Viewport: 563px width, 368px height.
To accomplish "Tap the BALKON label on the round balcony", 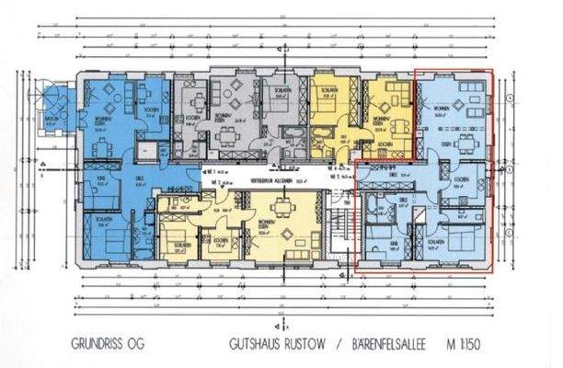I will pos(51,121).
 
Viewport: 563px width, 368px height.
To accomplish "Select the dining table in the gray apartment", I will pos(227,138).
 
